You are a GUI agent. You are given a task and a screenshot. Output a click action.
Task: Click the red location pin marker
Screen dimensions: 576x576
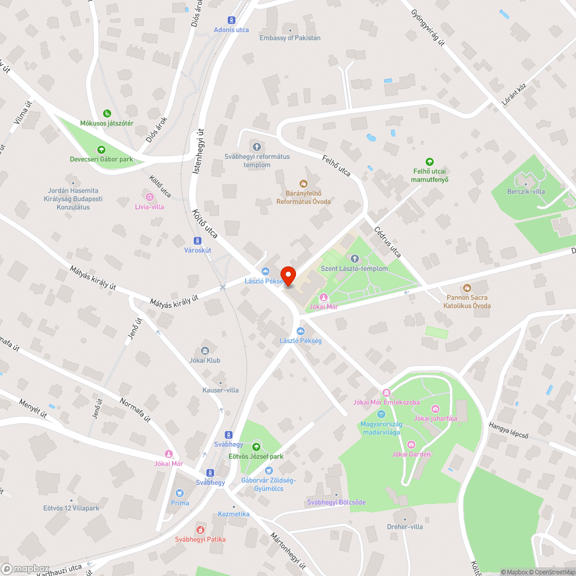(288, 276)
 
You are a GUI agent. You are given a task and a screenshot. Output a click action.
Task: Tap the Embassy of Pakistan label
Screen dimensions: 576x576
(290, 38)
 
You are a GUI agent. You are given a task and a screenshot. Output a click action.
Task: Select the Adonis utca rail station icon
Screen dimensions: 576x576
(232, 20)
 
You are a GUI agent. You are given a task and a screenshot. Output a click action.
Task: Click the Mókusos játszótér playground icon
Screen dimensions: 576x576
(107, 113)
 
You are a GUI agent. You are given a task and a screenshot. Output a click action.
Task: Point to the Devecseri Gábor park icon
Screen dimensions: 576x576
(101, 150)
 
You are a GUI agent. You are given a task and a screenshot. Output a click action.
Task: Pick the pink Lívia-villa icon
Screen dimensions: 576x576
(150, 196)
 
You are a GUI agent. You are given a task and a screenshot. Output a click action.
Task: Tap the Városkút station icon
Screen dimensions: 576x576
(198, 241)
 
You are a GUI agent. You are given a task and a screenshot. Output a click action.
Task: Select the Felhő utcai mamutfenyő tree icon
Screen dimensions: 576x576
(429, 162)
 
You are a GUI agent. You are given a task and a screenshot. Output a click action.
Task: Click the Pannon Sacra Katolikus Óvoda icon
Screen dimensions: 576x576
(467, 287)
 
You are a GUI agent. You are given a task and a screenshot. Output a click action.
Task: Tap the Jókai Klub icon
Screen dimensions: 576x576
(204, 351)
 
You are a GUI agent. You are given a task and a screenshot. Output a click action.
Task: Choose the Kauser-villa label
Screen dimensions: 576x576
(220, 390)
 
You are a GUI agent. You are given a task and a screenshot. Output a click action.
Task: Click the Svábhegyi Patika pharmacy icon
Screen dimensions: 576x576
(200, 529)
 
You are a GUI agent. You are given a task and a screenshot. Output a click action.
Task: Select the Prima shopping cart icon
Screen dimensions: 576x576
(180, 493)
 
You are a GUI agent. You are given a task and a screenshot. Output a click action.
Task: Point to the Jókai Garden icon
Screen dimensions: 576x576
(411, 444)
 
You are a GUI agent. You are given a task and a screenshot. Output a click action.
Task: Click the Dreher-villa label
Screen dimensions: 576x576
(405, 526)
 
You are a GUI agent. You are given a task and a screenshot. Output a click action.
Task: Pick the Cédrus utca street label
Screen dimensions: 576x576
(387, 242)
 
